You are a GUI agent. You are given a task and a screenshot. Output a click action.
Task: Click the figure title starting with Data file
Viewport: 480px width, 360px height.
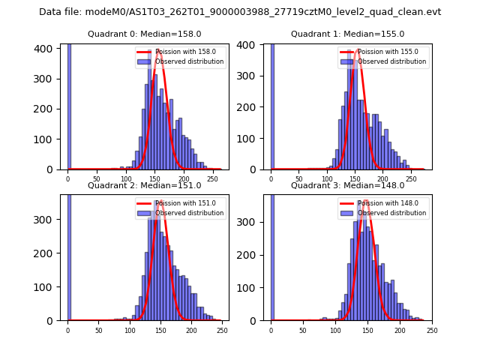240,12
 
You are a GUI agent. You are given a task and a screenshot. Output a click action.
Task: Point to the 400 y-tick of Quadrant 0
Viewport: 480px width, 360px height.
45,48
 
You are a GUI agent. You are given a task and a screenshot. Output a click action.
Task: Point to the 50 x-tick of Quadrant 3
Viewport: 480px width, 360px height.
303,329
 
